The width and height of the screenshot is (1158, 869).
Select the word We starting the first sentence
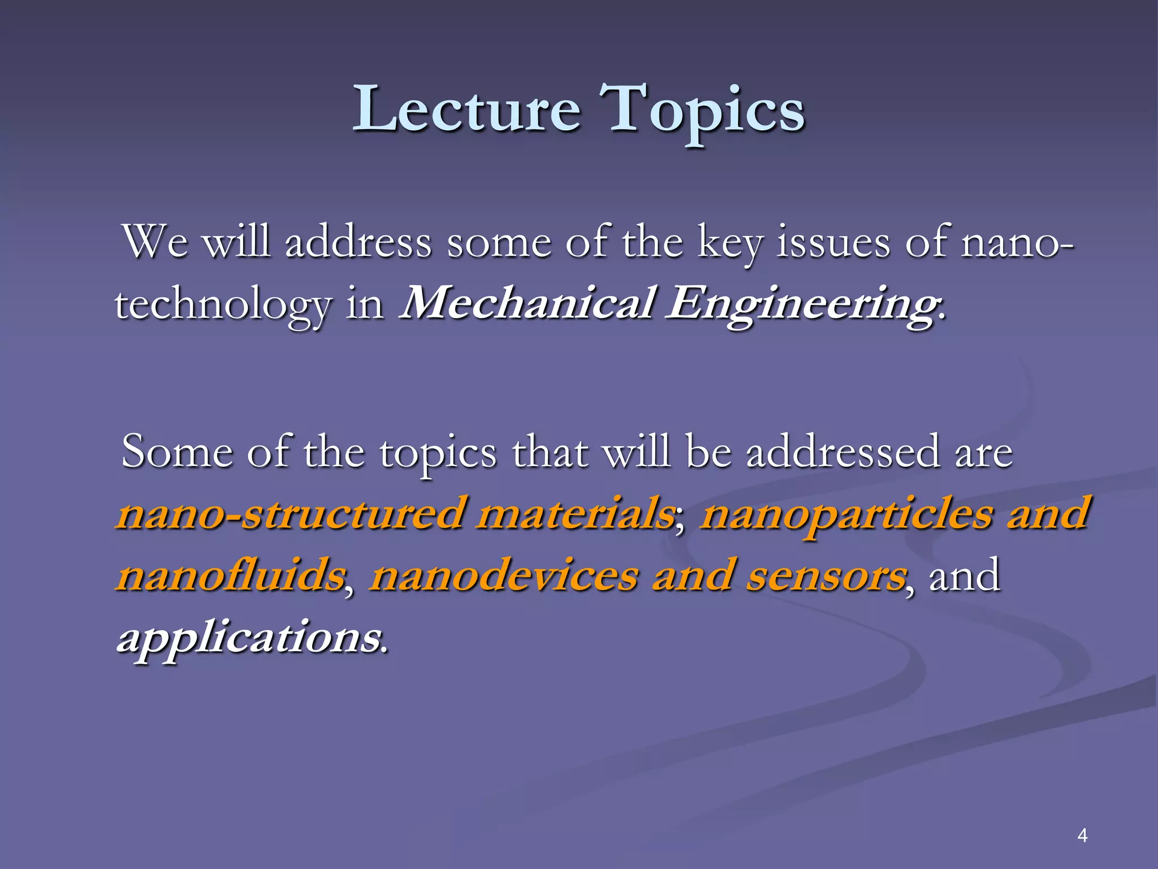coord(155,242)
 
